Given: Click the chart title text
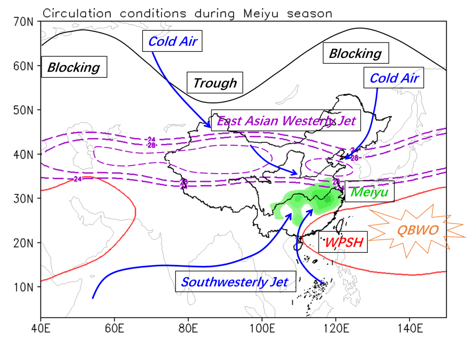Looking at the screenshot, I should point(187,13).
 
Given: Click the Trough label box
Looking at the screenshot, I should point(215,83).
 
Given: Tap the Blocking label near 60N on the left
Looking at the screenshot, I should point(74,67).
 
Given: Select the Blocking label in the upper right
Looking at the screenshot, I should point(355,53).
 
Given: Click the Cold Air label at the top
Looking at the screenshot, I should point(173,41).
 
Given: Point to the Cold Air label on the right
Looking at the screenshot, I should point(394,78).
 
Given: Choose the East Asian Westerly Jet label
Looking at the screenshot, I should point(286,121).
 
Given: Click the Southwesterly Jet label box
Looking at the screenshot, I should point(235,282).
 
